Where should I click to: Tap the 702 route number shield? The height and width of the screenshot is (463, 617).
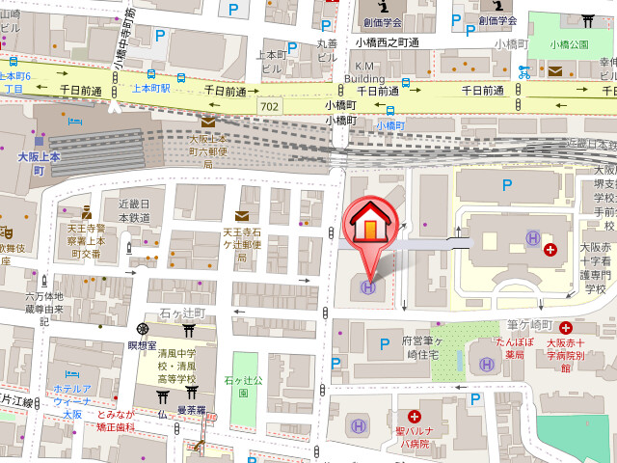[x=272, y=104]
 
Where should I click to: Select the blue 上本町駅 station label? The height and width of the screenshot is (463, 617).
[x=150, y=88]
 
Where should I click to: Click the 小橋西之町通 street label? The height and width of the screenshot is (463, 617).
[x=387, y=42]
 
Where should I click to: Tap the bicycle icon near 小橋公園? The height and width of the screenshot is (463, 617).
[x=523, y=71]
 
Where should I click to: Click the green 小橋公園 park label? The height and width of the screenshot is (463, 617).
[x=569, y=43]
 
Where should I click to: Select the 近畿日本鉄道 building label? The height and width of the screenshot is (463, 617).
[x=134, y=211]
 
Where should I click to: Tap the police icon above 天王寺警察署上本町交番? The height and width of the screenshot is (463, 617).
[x=86, y=211]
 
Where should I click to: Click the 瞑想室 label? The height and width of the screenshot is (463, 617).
[x=142, y=344]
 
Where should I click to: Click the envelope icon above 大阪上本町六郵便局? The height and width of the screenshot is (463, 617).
[x=208, y=123]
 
